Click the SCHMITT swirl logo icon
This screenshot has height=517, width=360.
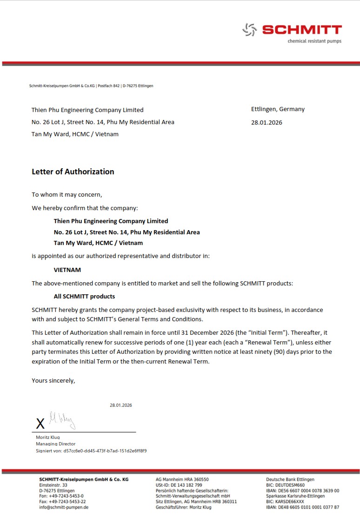point(250,30)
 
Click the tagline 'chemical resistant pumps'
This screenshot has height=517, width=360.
point(314,41)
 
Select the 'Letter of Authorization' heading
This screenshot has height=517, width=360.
point(73,172)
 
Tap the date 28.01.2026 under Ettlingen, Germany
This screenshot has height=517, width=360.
point(267,123)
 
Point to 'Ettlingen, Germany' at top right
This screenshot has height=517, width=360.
point(278,109)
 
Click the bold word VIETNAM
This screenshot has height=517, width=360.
point(67,269)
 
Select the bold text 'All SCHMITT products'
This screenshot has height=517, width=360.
point(84,296)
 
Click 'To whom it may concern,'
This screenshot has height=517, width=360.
point(67,194)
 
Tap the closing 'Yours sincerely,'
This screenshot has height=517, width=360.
point(53,380)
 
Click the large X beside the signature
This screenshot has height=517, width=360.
point(40,424)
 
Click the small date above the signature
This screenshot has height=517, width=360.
point(121,405)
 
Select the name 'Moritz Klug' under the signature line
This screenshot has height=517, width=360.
point(48,437)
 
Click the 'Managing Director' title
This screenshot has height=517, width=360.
point(55,444)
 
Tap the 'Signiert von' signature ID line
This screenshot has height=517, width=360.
point(91,451)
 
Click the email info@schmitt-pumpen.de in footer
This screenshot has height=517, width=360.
point(64,507)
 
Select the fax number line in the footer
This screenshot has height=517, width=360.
point(62,502)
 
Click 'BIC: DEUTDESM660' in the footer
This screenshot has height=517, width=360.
point(285,485)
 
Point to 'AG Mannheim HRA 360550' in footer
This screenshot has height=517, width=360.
point(182,479)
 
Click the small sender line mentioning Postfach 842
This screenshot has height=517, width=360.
point(91,86)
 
